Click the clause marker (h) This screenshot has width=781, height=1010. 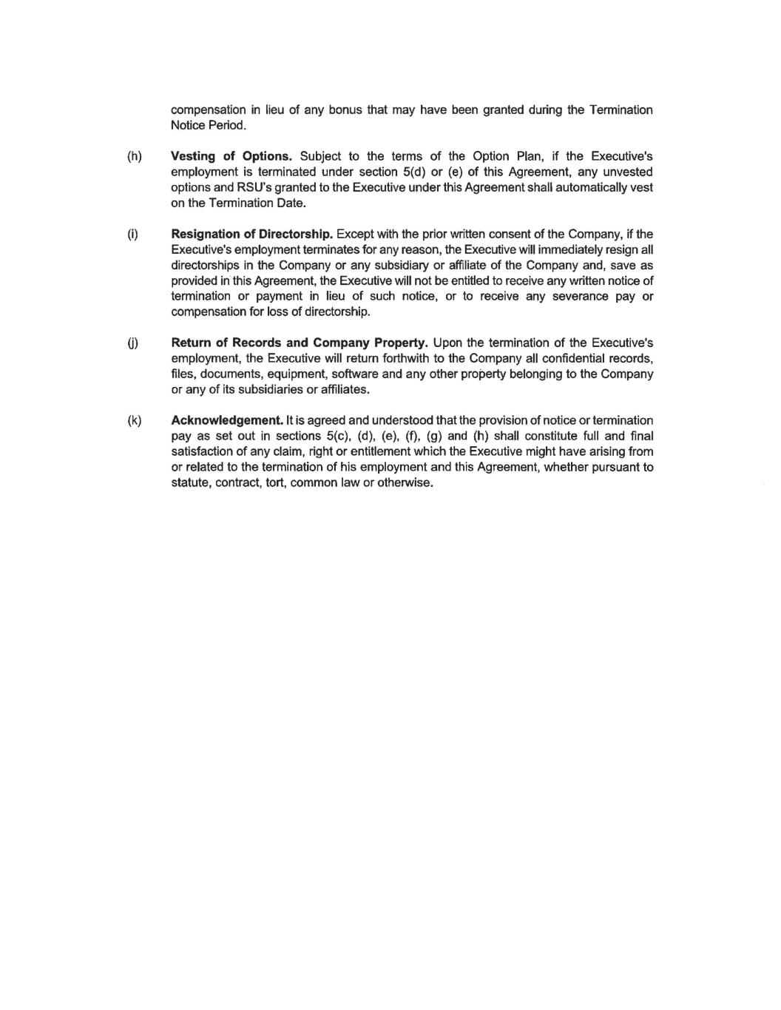coord(134,156)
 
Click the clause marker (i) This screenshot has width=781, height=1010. coord(133,235)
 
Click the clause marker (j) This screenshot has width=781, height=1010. coord(133,343)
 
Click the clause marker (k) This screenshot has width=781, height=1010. coord(134,421)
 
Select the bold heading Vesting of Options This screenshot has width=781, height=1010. coord(231,156)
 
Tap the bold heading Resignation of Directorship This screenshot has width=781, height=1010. coord(251,235)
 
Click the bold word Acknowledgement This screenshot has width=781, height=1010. coord(227,421)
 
